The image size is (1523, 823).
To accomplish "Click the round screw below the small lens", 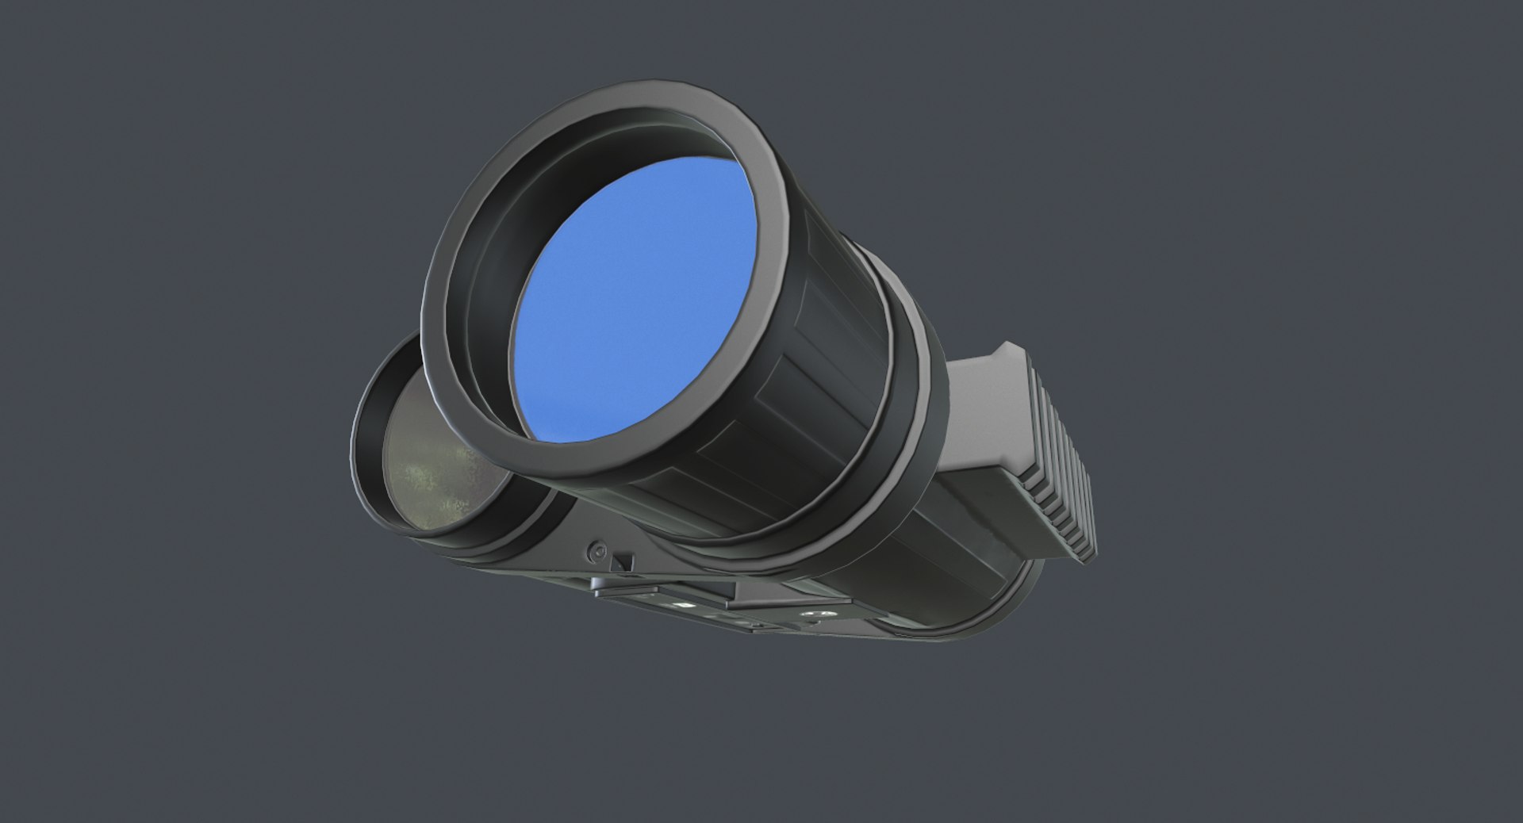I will tap(598, 549).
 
